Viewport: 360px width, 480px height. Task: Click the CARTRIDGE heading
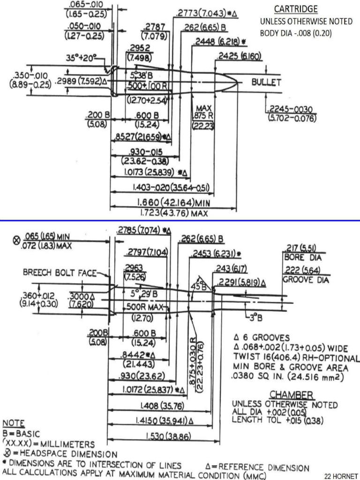tap(295, 9)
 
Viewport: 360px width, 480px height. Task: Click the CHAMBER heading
tap(291, 396)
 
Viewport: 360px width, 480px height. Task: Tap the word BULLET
tap(266, 82)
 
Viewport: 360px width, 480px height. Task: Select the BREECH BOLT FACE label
tap(60, 273)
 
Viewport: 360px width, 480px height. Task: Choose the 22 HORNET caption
tap(341, 476)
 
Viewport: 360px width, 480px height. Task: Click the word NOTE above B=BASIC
tap(14, 423)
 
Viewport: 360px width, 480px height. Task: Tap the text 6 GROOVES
tap(265, 337)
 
